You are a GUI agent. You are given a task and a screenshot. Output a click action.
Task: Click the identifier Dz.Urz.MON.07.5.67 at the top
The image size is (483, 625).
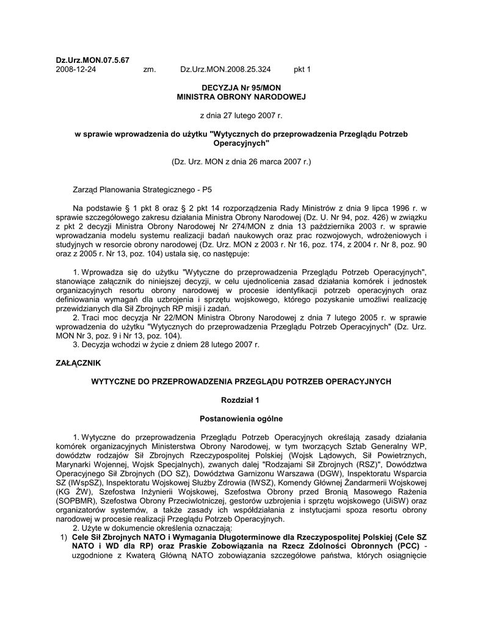(x=92, y=60)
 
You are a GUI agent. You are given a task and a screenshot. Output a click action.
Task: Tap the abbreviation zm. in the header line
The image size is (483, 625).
(x=150, y=70)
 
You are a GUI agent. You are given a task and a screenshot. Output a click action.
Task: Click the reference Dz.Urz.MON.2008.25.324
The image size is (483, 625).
(x=225, y=70)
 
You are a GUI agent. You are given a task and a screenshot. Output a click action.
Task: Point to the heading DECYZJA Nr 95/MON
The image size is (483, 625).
(x=241, y=88)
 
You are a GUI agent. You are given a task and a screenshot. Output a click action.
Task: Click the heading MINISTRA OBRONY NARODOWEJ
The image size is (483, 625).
(x=241, y=97)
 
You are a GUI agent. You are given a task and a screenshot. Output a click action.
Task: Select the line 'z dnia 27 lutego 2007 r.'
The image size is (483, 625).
(x=241, y=115)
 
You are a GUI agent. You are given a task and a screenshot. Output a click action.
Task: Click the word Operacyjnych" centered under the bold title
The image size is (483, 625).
(x=241, y=143)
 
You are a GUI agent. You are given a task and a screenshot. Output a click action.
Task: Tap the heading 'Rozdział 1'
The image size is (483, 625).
(x=241, y=400)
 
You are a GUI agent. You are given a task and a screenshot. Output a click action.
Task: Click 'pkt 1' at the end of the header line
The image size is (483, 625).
(x=302, y=70)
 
